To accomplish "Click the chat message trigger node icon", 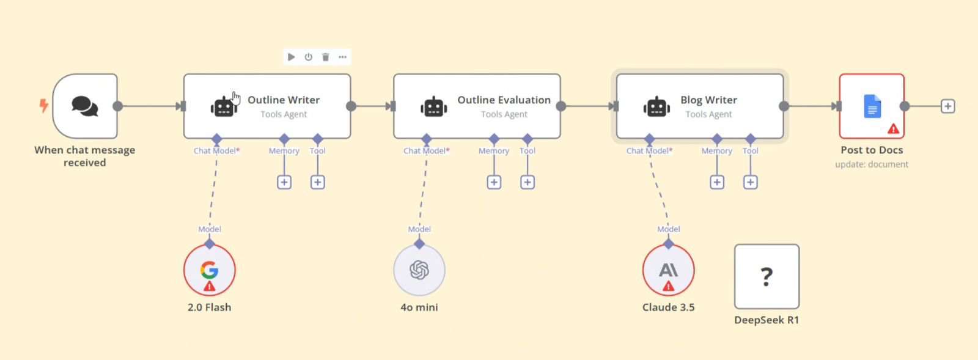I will click(84, 106).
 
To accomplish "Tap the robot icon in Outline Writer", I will click(224, 106).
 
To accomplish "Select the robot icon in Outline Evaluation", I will click(433, 106).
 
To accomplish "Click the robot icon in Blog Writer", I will click(656, 106).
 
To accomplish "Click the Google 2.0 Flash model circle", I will click(209, 270).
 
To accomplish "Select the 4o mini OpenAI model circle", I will click(419, 270).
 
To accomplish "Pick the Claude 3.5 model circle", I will click(668, 270).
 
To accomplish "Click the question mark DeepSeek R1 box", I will click(767, 277).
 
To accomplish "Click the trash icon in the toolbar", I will click(326, 57).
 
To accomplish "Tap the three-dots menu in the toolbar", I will click(343, 57).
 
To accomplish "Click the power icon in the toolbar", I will click(309, 57).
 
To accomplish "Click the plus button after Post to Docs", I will click(947, 106).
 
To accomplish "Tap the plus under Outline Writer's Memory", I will click(284, 182).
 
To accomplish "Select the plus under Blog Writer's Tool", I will click(750, 182).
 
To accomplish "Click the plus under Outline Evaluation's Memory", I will click(494, 182).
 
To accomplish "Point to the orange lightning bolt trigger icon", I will click(44, 106).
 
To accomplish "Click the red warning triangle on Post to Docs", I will click(893, 129).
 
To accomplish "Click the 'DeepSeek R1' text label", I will click(767, 320).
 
